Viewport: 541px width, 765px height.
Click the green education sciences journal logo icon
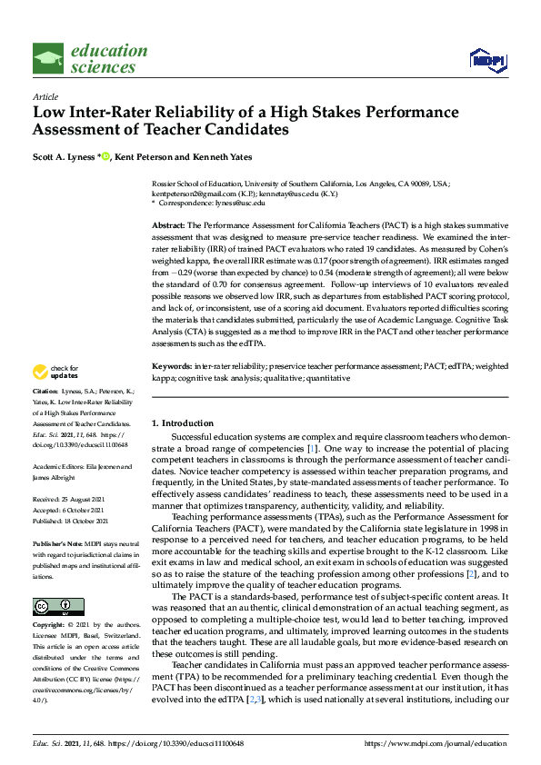click(48, 58)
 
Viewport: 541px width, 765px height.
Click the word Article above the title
click(45, 96)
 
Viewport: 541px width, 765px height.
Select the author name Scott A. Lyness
click(64, 157)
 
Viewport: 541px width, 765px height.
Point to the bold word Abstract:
click(168, 224)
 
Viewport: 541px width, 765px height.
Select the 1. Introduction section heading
click(182, 423)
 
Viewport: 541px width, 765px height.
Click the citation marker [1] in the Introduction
click(313, 449)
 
